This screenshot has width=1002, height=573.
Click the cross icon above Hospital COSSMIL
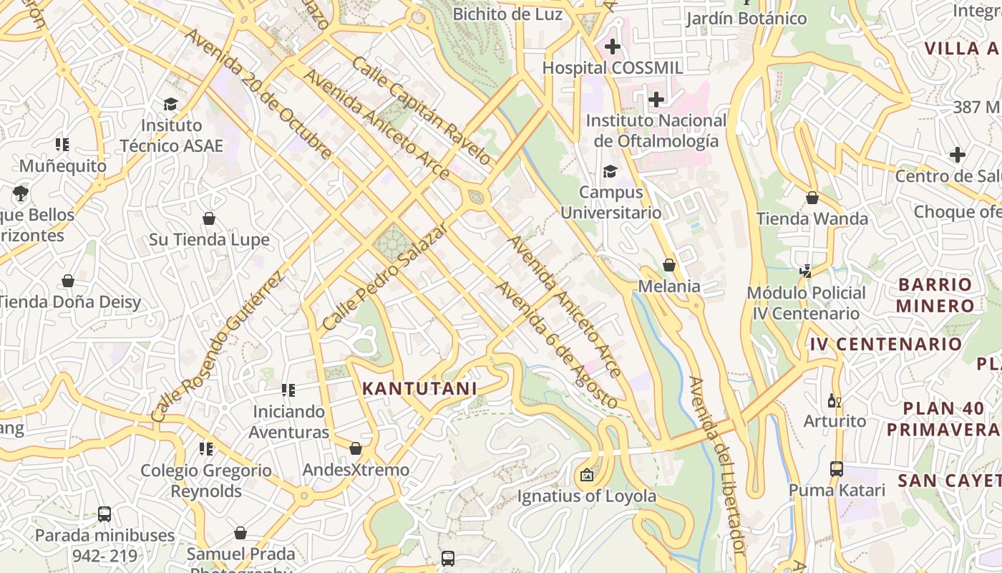tap(612, 47)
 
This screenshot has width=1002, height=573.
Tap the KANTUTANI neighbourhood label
tap(419, 389)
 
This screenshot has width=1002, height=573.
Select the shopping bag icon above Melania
tap(669, 266)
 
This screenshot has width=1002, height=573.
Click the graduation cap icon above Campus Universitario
tap(610, 172)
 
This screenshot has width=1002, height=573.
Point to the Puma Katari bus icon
tap(837, 469)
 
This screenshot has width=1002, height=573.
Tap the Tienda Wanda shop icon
tap(812, 198)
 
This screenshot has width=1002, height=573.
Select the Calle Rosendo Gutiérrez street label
tap(218, 345)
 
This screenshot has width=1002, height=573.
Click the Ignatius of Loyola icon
tap(587, 474)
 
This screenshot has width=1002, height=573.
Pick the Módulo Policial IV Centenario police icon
tap(806, 271)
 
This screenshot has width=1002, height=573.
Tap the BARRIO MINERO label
tap(935, 295)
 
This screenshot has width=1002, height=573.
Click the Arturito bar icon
tap(835, 400)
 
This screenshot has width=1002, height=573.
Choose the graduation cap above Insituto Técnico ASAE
tap(170, 105)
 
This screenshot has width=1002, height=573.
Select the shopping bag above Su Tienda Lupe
tap(209, 218)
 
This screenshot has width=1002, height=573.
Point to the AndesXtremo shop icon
tap(356, 449)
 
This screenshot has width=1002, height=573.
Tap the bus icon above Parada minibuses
tap(104, 514)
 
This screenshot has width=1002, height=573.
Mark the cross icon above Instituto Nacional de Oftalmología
tap(656, 100)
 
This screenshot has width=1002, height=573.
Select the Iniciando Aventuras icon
tap(288, 391)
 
